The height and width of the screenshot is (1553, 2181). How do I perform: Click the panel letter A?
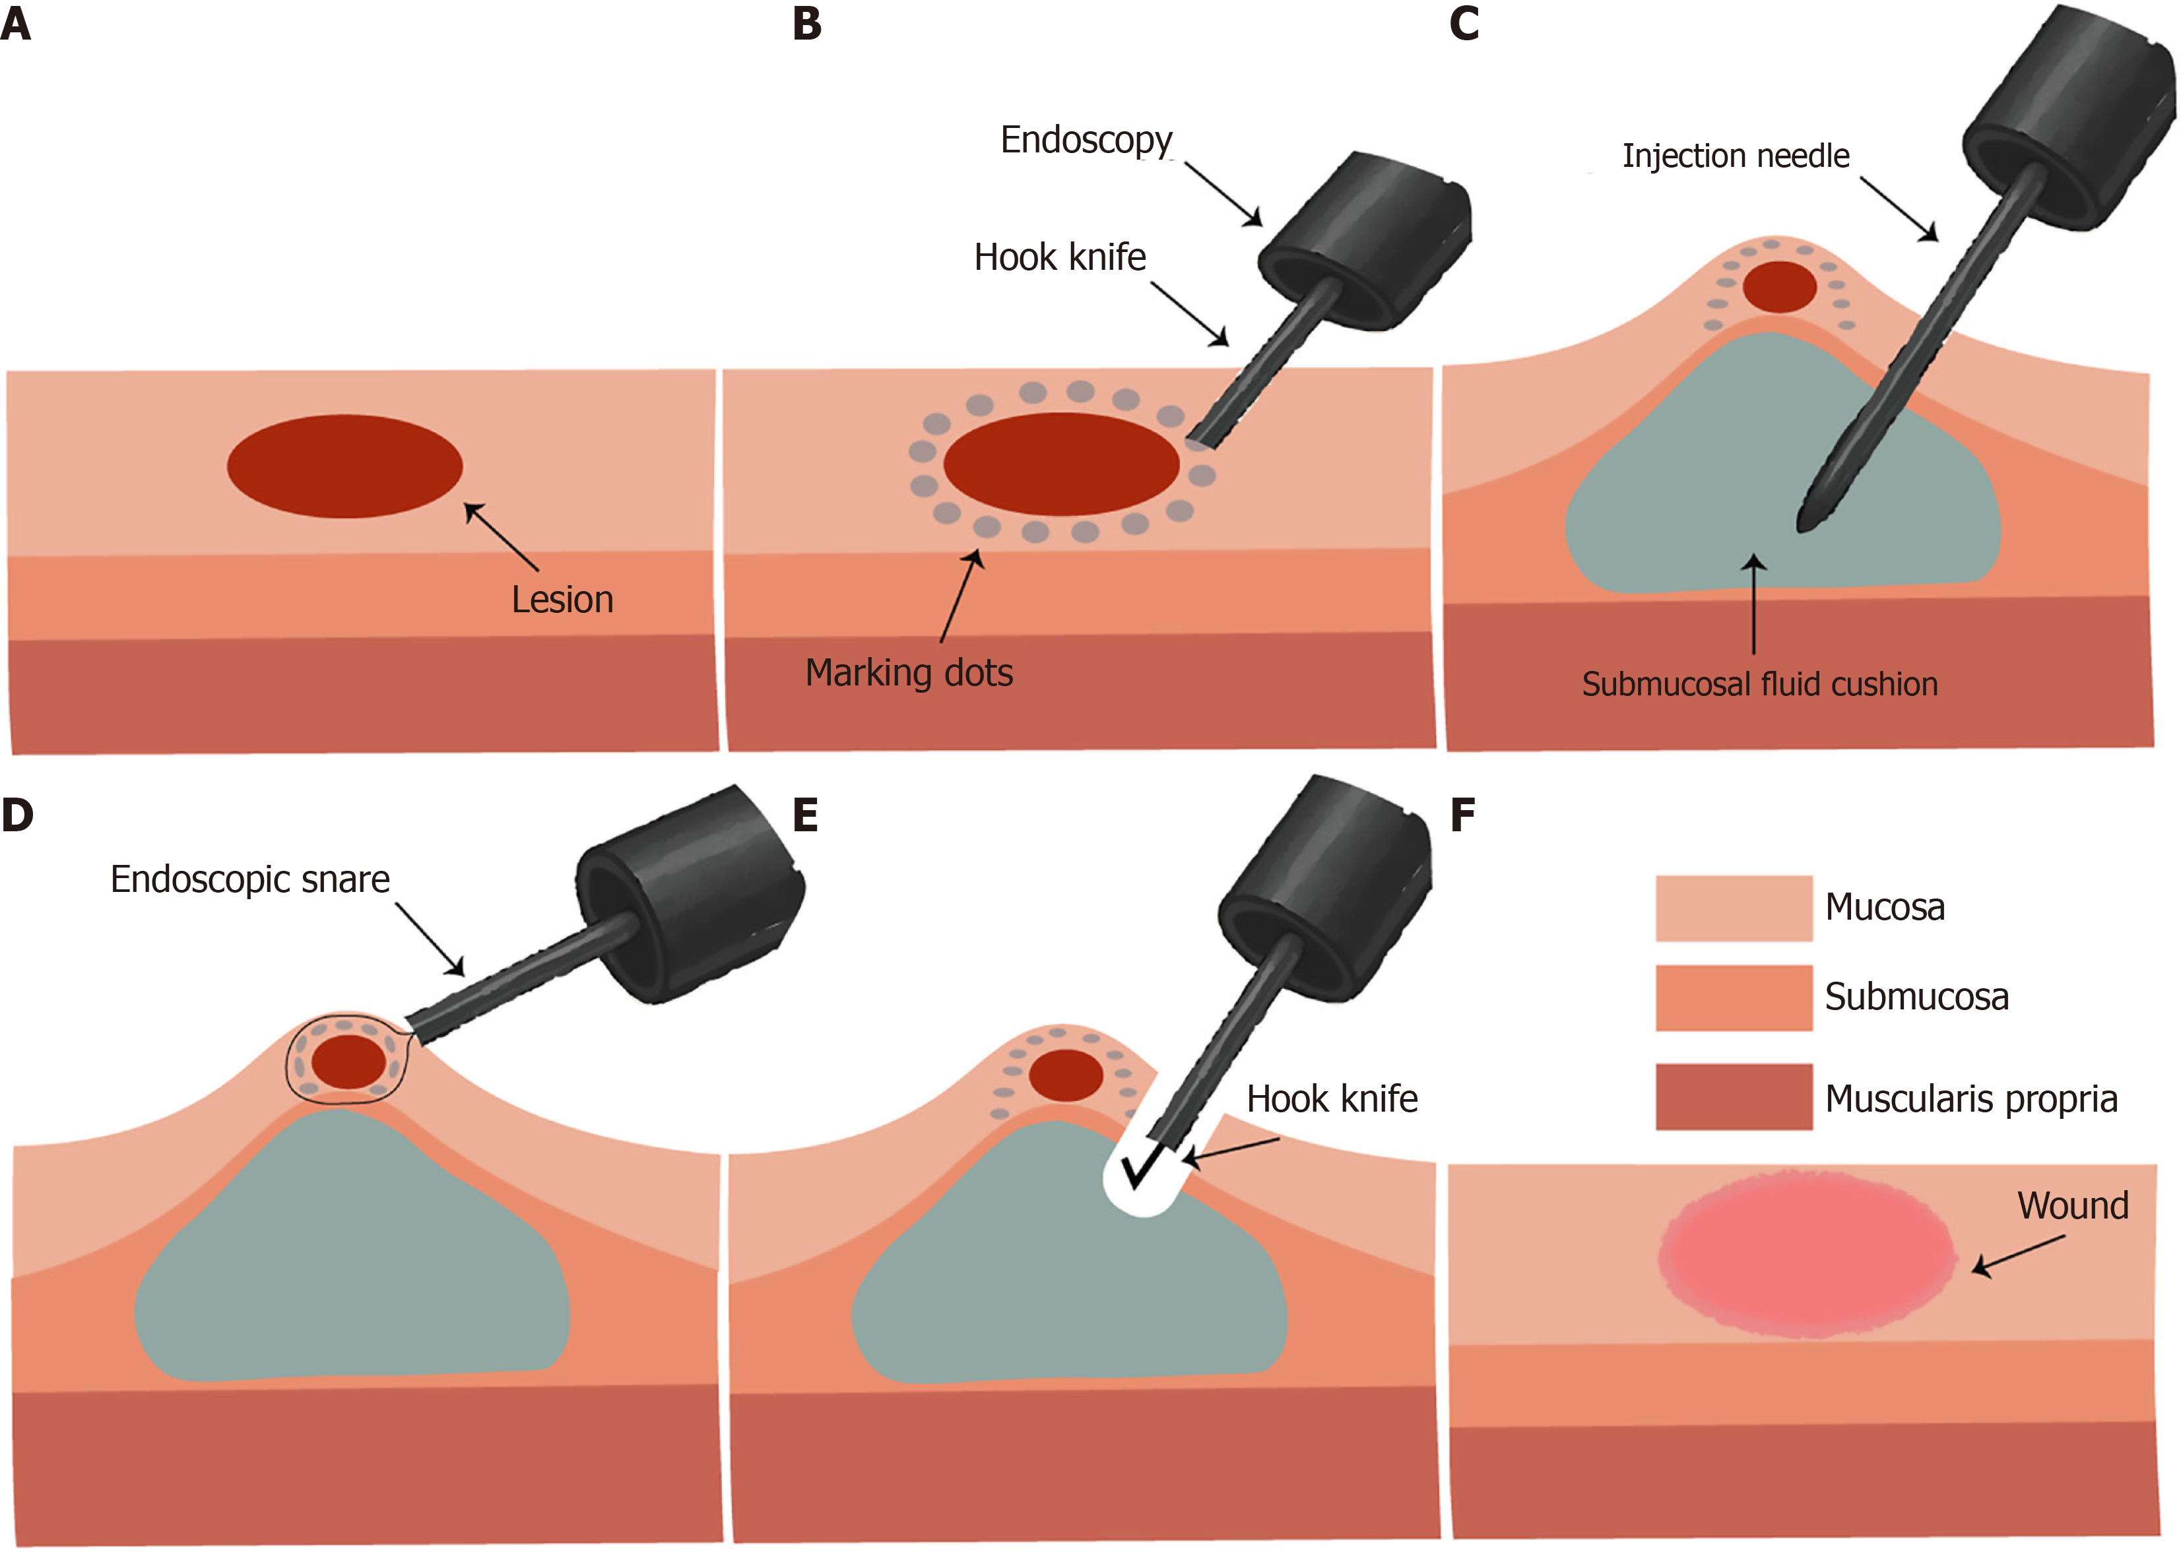point(16,24)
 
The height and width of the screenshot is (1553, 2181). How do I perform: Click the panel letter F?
point(1462,815)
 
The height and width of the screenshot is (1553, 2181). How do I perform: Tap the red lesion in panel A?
point(344,466)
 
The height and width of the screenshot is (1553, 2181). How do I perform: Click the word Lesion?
point(562,600)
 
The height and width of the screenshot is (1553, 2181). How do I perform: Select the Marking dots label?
point(909,672)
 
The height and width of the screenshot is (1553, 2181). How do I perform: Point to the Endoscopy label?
point(1086,141)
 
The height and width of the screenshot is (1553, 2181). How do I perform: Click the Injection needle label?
point(1736,156)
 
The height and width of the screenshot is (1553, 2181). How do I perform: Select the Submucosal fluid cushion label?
point(1759,685)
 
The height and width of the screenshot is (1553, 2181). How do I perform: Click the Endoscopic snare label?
point(249,879)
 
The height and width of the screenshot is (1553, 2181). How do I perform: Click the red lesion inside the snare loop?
point(348,1062)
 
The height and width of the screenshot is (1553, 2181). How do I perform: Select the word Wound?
point(2073,1206)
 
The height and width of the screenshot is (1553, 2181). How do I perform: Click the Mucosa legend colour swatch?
point(1734,908)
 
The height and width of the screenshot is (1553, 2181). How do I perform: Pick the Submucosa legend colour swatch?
point(1734,998)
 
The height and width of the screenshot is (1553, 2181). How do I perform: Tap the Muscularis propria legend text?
point(1970,1098)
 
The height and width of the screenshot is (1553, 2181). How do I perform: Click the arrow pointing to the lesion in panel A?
point(502,538)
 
